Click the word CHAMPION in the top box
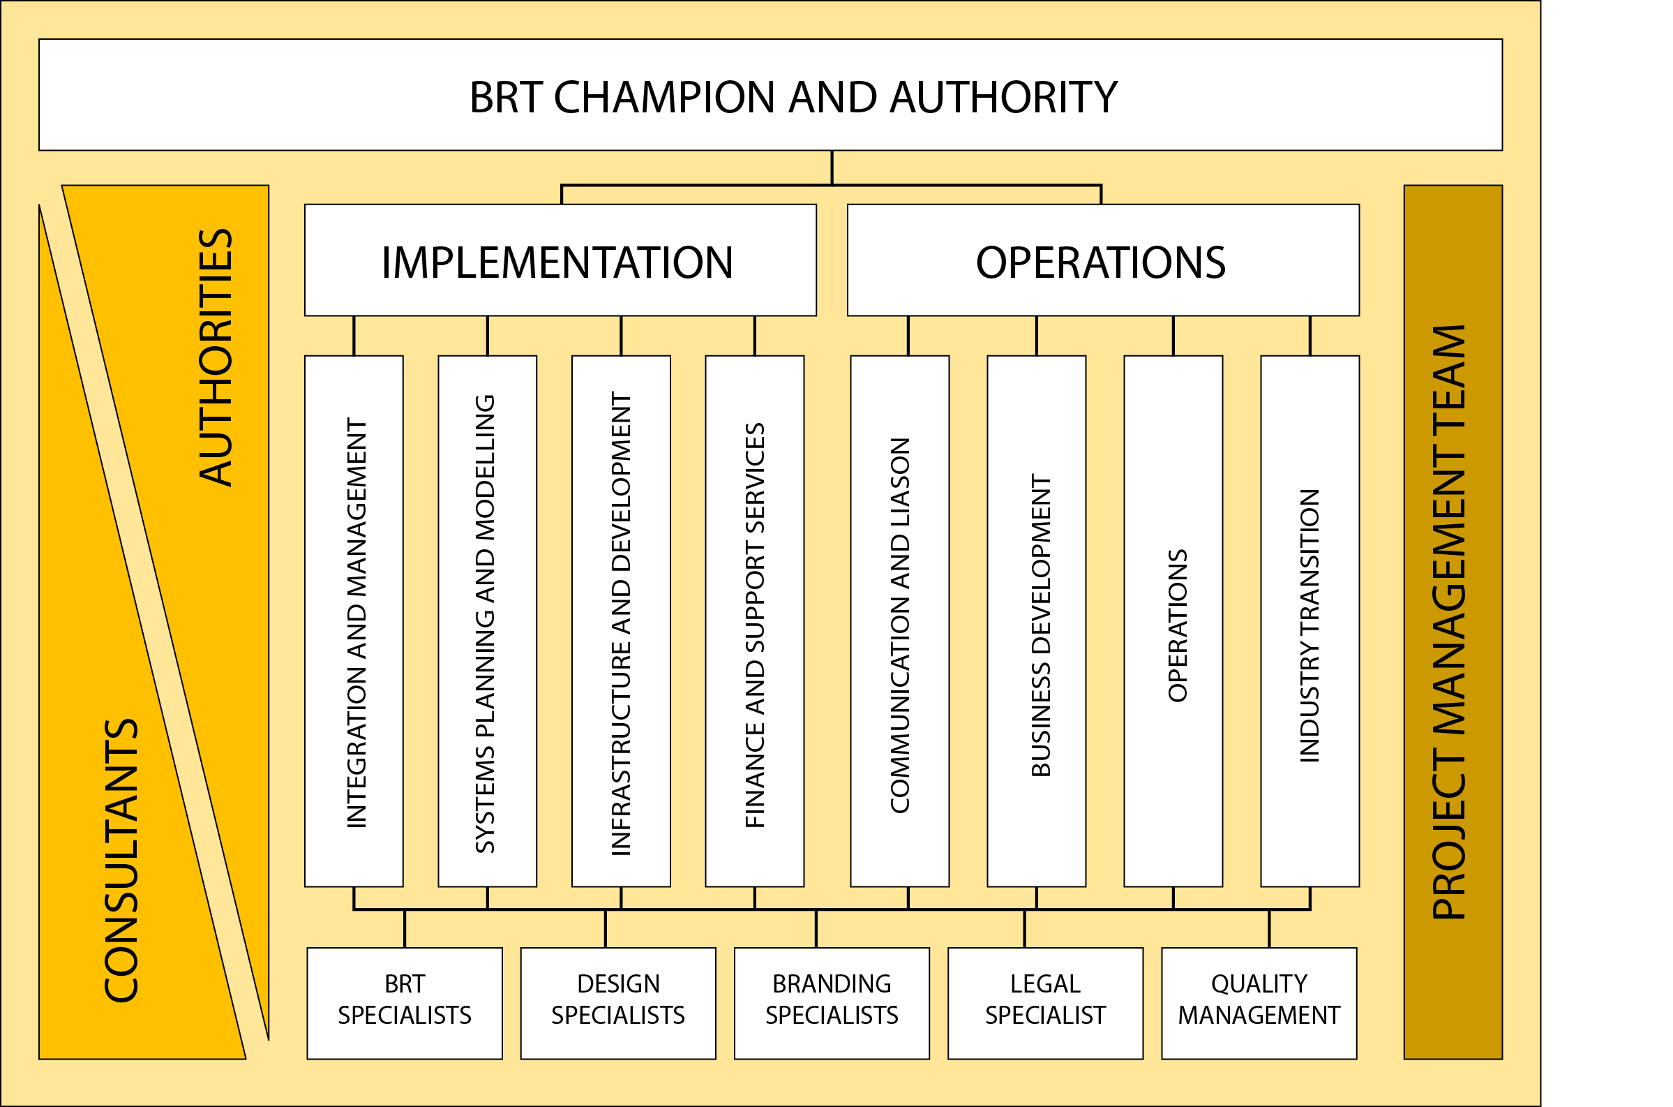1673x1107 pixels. [664, 98]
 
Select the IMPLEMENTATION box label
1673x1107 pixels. [557, 262]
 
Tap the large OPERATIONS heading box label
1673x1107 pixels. [1101, 262]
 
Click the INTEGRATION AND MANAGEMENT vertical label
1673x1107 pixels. [357, 623]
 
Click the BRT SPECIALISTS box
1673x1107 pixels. [405, 1000]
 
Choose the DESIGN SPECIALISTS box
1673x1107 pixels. [618, 1000]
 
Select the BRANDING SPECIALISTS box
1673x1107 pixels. [832, 1000]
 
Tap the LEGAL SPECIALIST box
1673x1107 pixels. [1045, 1000]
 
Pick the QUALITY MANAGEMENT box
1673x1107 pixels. [1259, 1000]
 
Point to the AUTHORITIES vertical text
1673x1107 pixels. [216, 357]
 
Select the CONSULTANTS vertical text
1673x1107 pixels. [121, 861]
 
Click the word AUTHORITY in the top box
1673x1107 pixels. [1003, 98]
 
